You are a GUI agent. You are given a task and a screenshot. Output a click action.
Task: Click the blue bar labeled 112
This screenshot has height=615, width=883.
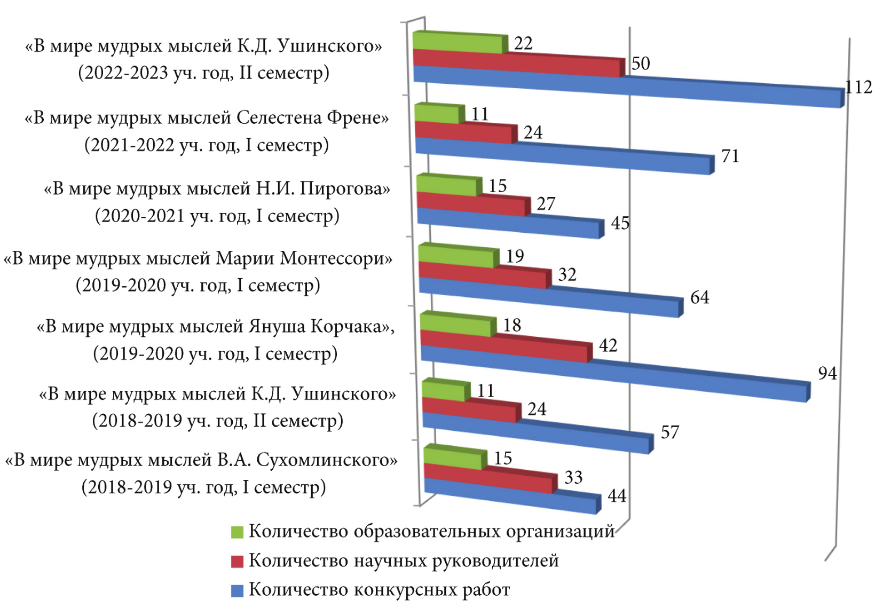point(627,87)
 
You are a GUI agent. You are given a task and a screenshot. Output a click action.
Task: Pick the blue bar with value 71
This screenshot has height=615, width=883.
point(563,156)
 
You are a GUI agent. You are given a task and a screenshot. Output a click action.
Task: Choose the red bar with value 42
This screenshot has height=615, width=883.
point(504,346)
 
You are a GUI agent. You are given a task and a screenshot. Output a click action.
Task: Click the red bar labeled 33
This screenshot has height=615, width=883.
point(488,478)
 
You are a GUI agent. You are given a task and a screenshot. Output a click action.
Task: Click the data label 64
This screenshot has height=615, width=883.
point(699,297)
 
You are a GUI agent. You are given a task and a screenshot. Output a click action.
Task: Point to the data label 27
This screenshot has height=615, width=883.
point(546,204)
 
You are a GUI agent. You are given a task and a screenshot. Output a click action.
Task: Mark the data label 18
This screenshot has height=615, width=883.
point(512,325)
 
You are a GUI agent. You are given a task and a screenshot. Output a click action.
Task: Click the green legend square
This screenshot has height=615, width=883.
point(237,532)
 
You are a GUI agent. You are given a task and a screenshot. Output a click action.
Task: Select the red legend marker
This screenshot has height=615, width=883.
point(237,561)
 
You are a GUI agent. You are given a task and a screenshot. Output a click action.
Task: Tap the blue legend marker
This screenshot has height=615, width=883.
point(237,590)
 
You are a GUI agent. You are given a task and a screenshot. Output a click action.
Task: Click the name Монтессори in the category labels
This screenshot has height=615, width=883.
point(336,259)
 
